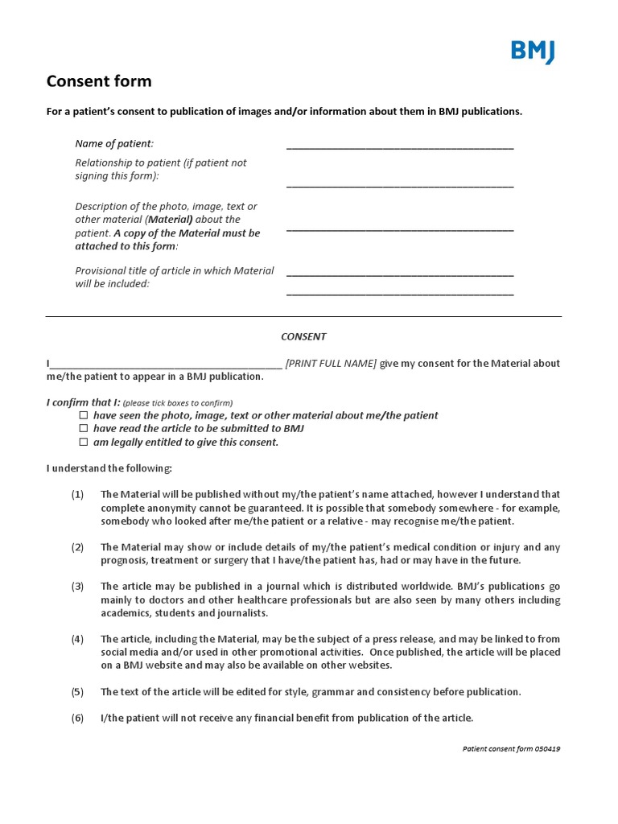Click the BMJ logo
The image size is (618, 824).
click(532, 51)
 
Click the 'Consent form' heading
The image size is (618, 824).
click(99, 81)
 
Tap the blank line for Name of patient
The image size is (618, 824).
click(399, 146)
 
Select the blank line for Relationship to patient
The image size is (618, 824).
click(399, 185)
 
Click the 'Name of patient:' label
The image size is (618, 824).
click(114, 144)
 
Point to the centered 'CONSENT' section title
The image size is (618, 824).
click(303, 336)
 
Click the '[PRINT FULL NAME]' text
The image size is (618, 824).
click(331, 364)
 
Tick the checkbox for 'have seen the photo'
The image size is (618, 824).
click(83, 415)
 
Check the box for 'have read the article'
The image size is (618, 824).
click(83, 429)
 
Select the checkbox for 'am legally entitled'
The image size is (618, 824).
click(83, 443)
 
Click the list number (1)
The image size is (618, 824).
click(77, 494)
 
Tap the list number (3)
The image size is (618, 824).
click(77, 587)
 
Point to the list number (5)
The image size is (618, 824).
click(77, 692)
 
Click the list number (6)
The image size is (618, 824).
click(77, 718)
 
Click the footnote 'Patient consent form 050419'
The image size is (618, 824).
click(511, 748)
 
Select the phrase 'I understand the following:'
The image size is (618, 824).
click(109, 468)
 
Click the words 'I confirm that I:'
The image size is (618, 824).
click(83, 402)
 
